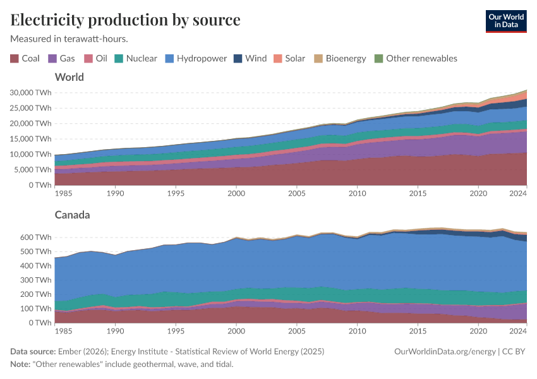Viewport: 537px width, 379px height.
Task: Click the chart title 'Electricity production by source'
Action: click(x=125, y=20)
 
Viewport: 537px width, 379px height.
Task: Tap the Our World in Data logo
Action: click(x=505, y=21)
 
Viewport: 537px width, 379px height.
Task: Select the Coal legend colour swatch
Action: click(x=15, y=59)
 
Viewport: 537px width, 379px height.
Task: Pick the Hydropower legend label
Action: click(x=202, y=58)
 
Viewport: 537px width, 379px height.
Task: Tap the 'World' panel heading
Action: click(x=69, y=77)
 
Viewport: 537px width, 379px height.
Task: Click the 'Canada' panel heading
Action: click(x=73, y=215)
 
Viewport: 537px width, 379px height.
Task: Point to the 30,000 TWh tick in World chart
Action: click(x=30, y=92)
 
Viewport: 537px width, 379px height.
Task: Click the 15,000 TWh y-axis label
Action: click(x=30, y=139)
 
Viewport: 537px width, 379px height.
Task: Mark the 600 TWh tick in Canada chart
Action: click(x=35, y=238)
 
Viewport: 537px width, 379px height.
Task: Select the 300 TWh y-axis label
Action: click(x=35, y=280)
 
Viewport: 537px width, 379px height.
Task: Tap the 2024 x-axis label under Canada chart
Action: click(x=517, y=331)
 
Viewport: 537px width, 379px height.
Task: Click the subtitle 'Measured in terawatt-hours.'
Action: click(x=69, y=39)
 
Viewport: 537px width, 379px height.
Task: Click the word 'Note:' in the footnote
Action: click(x=22, y=364)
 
